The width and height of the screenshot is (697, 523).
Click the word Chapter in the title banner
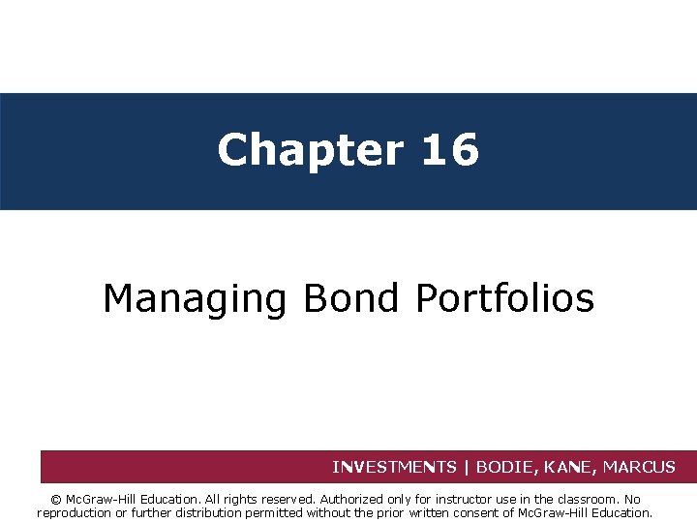tap(310, 150)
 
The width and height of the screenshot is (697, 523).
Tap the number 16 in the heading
tap(449, 150)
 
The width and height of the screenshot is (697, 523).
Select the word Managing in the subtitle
tap(195, 298)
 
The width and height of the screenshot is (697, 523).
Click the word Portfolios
tap(504, 298)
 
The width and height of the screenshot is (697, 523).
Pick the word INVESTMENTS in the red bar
tap(394, 467)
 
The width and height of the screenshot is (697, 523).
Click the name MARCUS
tap(639, 467)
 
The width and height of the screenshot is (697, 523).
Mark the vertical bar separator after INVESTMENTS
tap(466, 467)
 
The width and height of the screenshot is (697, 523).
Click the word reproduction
tap(74, 513)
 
